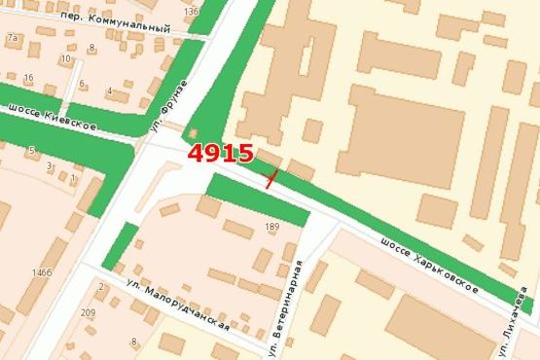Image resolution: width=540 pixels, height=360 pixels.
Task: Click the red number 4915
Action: [221, 153]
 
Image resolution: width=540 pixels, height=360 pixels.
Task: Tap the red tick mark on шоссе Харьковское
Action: [271, 177]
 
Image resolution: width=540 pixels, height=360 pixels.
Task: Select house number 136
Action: [191, 12]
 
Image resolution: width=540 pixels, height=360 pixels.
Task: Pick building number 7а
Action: [13, 38]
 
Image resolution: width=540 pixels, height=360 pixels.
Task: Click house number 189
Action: [271, 227]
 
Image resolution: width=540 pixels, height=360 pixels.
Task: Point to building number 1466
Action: [41, 272]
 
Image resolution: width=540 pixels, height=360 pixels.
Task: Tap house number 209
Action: [89, 312]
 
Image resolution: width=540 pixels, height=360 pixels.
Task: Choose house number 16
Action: [29, 78]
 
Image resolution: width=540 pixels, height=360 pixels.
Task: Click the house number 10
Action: [65, 58]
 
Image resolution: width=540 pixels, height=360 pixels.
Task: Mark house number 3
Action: [50, 166]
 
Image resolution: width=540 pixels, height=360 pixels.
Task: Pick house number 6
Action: [82, 83]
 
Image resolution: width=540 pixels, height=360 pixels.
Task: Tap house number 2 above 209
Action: [100, 287]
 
